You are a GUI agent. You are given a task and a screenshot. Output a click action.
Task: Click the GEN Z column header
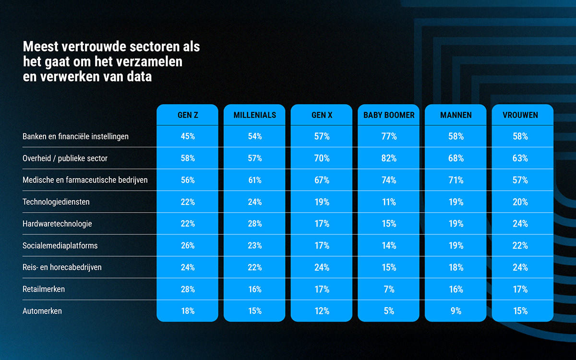(188, 115)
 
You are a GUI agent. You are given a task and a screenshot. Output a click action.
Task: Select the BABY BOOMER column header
(389, 115)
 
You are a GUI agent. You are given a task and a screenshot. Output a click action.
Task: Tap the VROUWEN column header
(523, 115)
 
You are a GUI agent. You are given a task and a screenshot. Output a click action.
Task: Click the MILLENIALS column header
(255, 115)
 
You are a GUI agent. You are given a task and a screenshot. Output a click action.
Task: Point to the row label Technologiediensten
(56, 202)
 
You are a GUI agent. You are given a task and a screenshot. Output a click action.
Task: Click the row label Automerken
(42, 311)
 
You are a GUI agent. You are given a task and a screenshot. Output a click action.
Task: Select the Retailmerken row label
(44, 289)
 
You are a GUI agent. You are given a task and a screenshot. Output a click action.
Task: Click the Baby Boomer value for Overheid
(389, 158)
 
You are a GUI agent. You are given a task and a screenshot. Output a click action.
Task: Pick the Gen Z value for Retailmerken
(188, 289)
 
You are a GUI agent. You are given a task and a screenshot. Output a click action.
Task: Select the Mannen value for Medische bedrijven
(456, 180)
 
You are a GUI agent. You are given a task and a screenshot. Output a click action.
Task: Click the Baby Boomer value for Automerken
(389, 311)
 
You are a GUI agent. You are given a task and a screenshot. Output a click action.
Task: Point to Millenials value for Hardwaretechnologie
(255, 224)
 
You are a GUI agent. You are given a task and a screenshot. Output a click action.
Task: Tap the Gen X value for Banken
(322, 136)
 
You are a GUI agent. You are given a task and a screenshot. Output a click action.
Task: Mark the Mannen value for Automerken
(456, 311)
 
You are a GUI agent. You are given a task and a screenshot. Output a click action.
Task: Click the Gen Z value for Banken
(188, 136)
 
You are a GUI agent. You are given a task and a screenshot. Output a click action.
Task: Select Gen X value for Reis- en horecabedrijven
(322, 267)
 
